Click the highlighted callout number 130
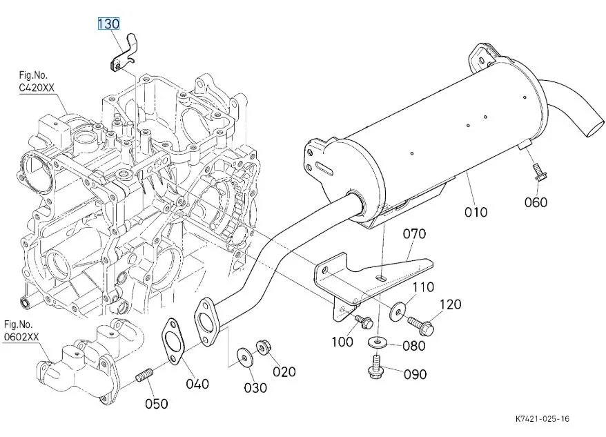point(108,24)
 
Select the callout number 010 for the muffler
point(476,211)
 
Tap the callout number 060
point(536,202)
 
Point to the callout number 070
point(414,234)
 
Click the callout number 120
point(449,304)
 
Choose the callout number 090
point(414,374)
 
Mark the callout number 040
point(197,384)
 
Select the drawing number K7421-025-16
point(542,419)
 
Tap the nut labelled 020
point(262,347)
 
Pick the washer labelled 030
point(244,356)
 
